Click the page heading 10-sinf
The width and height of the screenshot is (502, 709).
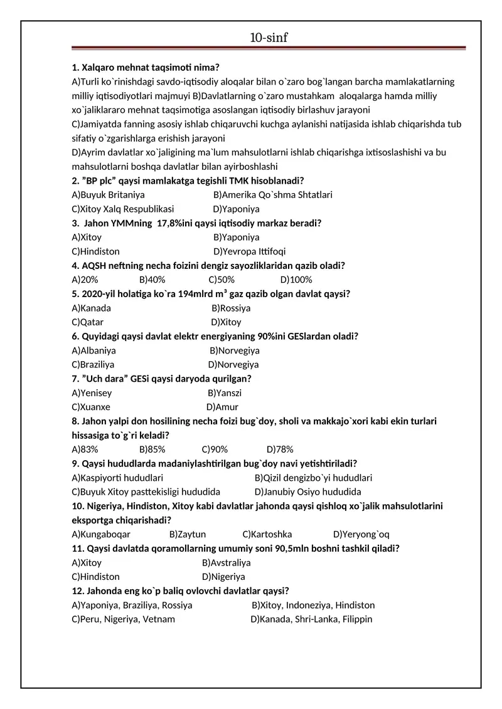[x=269, y=38]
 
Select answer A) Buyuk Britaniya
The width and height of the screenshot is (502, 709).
[x=109, y=195]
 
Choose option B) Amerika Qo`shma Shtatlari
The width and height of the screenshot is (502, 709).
[x=273, y=195]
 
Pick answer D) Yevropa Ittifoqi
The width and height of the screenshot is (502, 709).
[x=250, y=251]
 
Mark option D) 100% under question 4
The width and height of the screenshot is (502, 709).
[x=296, y=280]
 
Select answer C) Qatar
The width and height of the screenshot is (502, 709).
[x=88, y=322]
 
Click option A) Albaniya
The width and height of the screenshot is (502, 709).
[x=94, y=351]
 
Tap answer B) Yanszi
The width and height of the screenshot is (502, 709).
[x=225, y=394]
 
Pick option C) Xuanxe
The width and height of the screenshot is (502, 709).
[x=92, y=407]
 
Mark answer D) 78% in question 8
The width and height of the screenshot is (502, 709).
[x=280, y=449]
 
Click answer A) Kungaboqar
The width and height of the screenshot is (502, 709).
[x=102, y=535]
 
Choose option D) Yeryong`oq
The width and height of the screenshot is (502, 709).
[x=361, y=535]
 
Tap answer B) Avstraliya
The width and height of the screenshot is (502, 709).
[x=227, y=563]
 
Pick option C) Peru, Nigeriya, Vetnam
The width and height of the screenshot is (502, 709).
[x=124, y=619]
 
